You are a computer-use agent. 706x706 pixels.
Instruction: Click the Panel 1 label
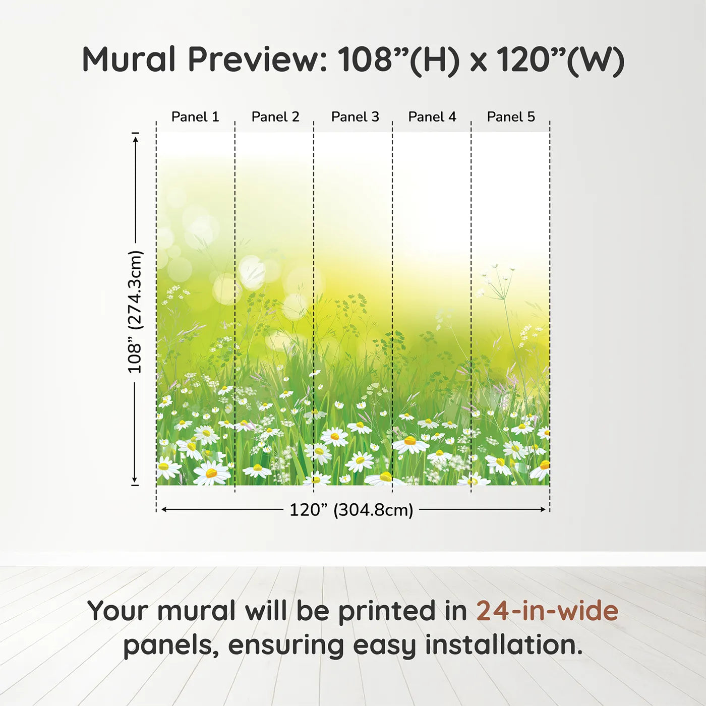tap(195, 117)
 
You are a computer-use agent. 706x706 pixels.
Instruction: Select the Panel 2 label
tap(275, 117)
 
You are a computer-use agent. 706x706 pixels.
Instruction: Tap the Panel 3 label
tap(355, 117)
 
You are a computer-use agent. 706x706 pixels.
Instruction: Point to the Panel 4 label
tap(432, 117)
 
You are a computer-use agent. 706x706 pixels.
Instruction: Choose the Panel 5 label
tap(511, 117)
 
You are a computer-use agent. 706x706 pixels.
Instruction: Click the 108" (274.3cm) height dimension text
tap(134, 312)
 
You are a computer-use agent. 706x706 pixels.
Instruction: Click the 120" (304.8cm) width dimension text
tap(351, 510)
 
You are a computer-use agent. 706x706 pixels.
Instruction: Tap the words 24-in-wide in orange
tap(547, 610)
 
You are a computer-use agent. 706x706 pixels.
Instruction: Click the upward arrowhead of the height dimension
tap(136, 139)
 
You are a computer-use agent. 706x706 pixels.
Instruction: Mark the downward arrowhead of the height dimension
tap(135, 480)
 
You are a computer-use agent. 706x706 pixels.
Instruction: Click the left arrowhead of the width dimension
tap(165, 510)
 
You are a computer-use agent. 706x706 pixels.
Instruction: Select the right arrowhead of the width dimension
tap(543, 510)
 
